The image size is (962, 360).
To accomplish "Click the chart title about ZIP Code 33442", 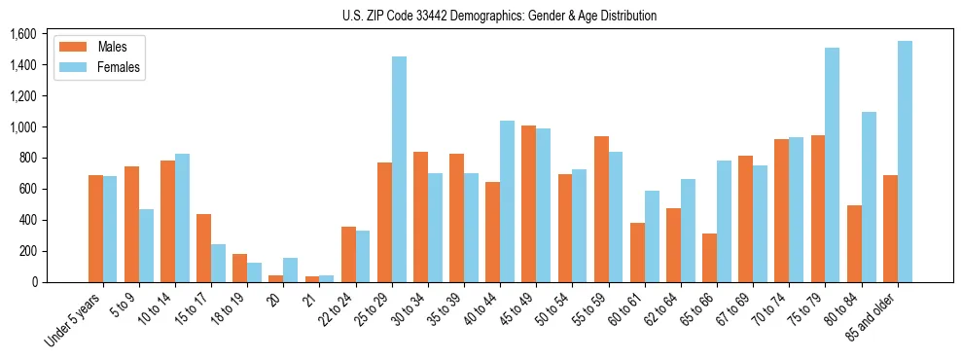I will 499,16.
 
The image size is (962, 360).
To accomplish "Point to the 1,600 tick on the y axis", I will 22,34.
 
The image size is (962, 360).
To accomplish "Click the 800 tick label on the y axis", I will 26,158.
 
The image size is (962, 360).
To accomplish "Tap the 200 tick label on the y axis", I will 26,251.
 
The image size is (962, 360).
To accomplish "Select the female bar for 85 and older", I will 905,162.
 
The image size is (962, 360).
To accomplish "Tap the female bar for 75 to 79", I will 833,165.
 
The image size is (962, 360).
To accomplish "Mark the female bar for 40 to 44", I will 507,201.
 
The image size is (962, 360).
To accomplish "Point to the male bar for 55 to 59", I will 601,209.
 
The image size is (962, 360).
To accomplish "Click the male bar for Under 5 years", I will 95,229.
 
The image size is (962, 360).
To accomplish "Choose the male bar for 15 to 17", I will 203,248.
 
